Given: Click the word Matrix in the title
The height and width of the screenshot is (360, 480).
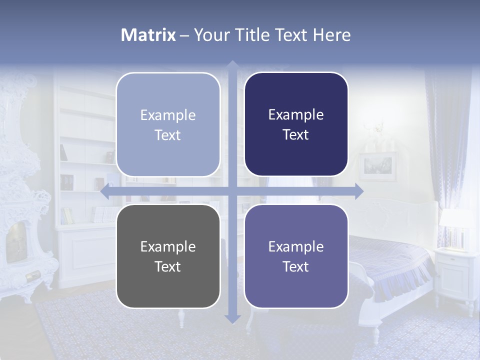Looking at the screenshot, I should point(148,35).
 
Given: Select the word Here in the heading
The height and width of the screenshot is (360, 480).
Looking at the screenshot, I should point(332,35).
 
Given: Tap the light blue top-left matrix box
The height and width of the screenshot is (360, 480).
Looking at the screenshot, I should point(168,124).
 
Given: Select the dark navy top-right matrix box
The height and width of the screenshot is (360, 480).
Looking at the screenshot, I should point(296,124).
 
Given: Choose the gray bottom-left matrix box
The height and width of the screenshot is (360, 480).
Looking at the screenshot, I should point(168,256).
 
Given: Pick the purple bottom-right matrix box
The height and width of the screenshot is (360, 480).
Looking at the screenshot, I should point(296,256).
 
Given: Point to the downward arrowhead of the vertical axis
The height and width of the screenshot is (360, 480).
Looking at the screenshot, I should point(232,318).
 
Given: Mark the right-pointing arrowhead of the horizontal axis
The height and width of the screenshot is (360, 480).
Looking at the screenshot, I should point(358,191).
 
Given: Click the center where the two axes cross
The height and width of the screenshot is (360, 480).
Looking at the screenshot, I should point(232,191).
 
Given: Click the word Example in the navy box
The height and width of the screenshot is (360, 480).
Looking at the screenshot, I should point(296,115).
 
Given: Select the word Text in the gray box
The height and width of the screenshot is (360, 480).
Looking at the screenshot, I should point(167,266).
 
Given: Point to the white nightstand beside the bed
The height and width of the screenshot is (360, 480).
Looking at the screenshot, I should point(455,272).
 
